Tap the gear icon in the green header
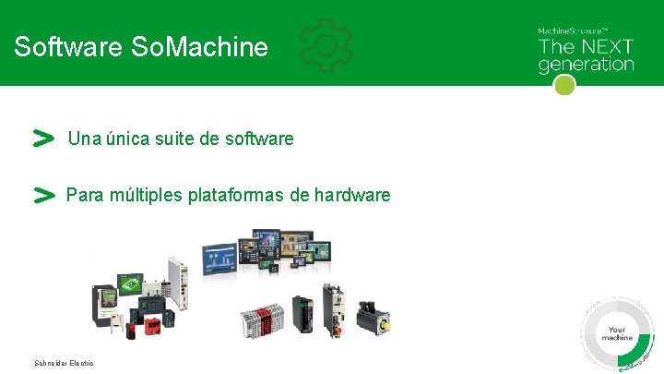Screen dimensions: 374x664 pyautogui.click(x=326, y=44)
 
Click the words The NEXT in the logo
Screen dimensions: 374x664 pyautogui.click(x=586, y=47)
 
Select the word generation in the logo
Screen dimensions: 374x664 pyautogui.click(x=586, y=65)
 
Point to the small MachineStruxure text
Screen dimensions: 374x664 pyautogui.click(x=573, y=30)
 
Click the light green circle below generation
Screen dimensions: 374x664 pyautogui.click(x=565, y=85)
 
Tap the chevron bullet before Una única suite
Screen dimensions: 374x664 pyautogui.click(x=42, y=139)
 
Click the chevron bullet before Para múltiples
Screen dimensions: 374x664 pyautogui.click(x=42, y=195)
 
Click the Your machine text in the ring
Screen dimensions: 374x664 pyautogui.click(x=617, y=333)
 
